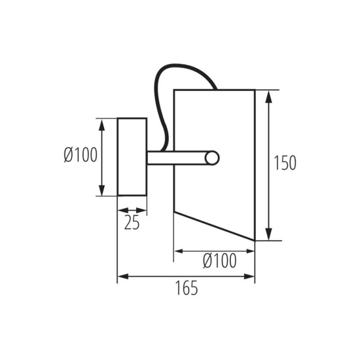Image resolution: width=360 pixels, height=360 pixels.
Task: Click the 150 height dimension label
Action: tap(285, 163)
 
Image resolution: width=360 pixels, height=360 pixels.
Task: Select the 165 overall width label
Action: tap(186, 288)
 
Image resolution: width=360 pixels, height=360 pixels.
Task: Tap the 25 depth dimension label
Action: tap(132, 223)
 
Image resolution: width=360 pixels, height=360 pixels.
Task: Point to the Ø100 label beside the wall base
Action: tap(80, 155)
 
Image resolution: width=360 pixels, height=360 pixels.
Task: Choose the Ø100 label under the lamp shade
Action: tap(219, 261)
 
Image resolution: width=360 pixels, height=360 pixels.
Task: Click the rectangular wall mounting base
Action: tap(132, 156)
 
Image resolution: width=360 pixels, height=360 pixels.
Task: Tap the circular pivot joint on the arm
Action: tap(211, 158)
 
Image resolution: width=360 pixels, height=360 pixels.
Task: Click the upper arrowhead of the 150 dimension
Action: tap(269, 96)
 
